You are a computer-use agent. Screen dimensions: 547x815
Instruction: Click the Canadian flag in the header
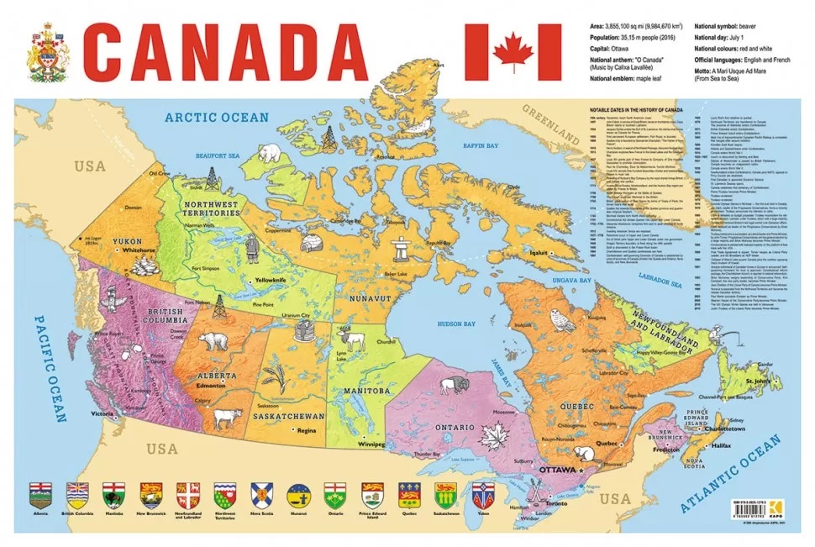[x=513, y=52]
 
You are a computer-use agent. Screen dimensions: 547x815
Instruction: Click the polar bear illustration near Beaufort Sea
[x=271, y=154]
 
